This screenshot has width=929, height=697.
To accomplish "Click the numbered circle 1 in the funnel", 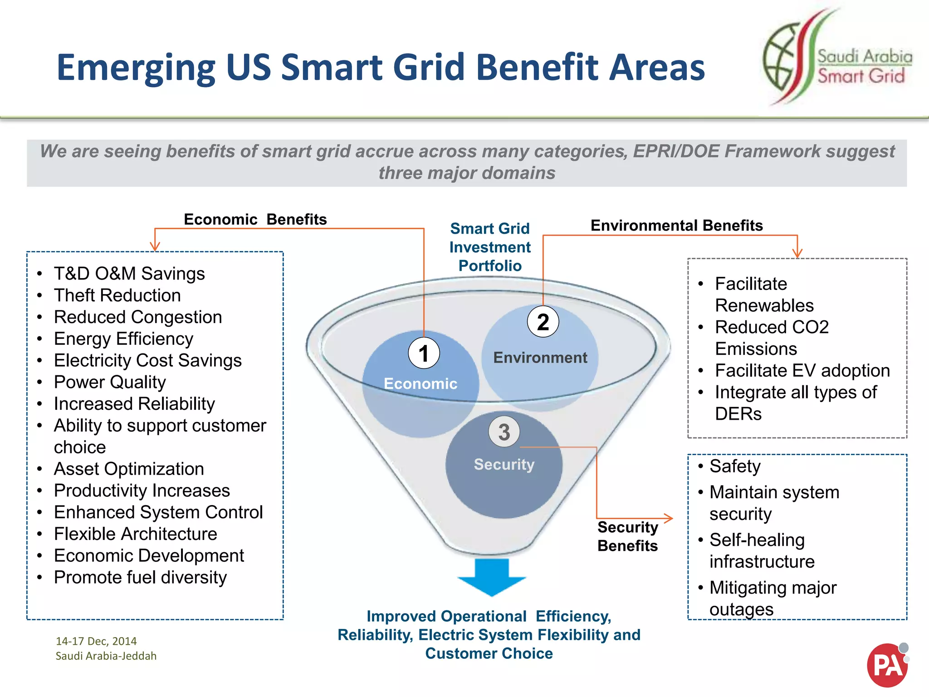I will pos(424,353).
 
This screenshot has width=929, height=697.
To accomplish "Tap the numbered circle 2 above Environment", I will pos(543,322).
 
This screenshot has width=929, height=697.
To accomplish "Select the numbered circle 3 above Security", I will pos(504,432).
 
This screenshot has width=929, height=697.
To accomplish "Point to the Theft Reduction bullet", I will pos(117,295).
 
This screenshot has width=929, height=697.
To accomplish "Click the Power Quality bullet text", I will pos(110,382).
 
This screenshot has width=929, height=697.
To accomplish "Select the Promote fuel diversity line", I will pos(140,577).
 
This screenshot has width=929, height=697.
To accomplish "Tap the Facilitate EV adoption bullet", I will pos(802,371).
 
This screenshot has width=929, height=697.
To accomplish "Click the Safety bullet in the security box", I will pos(734,466).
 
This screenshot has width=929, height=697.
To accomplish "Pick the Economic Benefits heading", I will pos(255,220).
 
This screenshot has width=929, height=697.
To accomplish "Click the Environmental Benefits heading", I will pos(676,226).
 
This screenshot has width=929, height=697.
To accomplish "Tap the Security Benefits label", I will pos(627,536).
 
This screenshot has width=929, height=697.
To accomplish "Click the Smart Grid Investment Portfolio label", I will pos(490,247).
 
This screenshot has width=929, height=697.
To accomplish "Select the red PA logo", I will pos(887,665).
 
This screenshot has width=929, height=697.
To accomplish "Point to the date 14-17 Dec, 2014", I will pos(96,641).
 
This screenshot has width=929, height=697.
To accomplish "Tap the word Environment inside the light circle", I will pos(540,358).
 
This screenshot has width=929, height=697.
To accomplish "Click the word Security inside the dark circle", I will pos(504,465).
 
